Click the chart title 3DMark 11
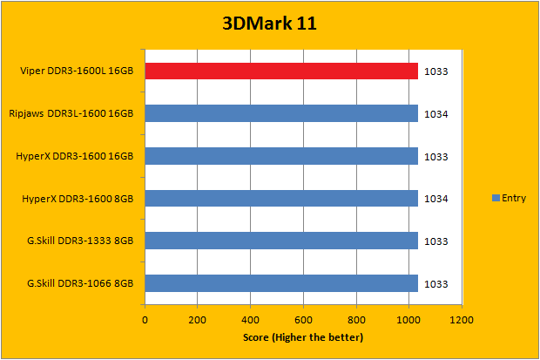point(268,24)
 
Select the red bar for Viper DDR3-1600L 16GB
point(281,71)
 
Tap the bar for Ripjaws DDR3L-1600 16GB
point(281,113)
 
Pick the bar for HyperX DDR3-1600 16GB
point(281,156)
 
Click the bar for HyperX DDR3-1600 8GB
point(281,199)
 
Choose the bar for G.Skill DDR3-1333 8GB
point(281,241)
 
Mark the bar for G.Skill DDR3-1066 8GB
point(281,283)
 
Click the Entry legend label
point(513,199)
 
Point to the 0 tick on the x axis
point(145,319)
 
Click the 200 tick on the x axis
point(198,319)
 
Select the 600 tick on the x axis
point(303,319)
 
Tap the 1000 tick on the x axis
point(408,319)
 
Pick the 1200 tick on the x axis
point(462,319)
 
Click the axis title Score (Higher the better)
point(304,337)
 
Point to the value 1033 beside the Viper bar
point(437,71)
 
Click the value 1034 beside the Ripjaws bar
point(437,114)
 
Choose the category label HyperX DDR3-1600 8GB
point(78,199)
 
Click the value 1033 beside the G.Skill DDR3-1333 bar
point(437,241)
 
